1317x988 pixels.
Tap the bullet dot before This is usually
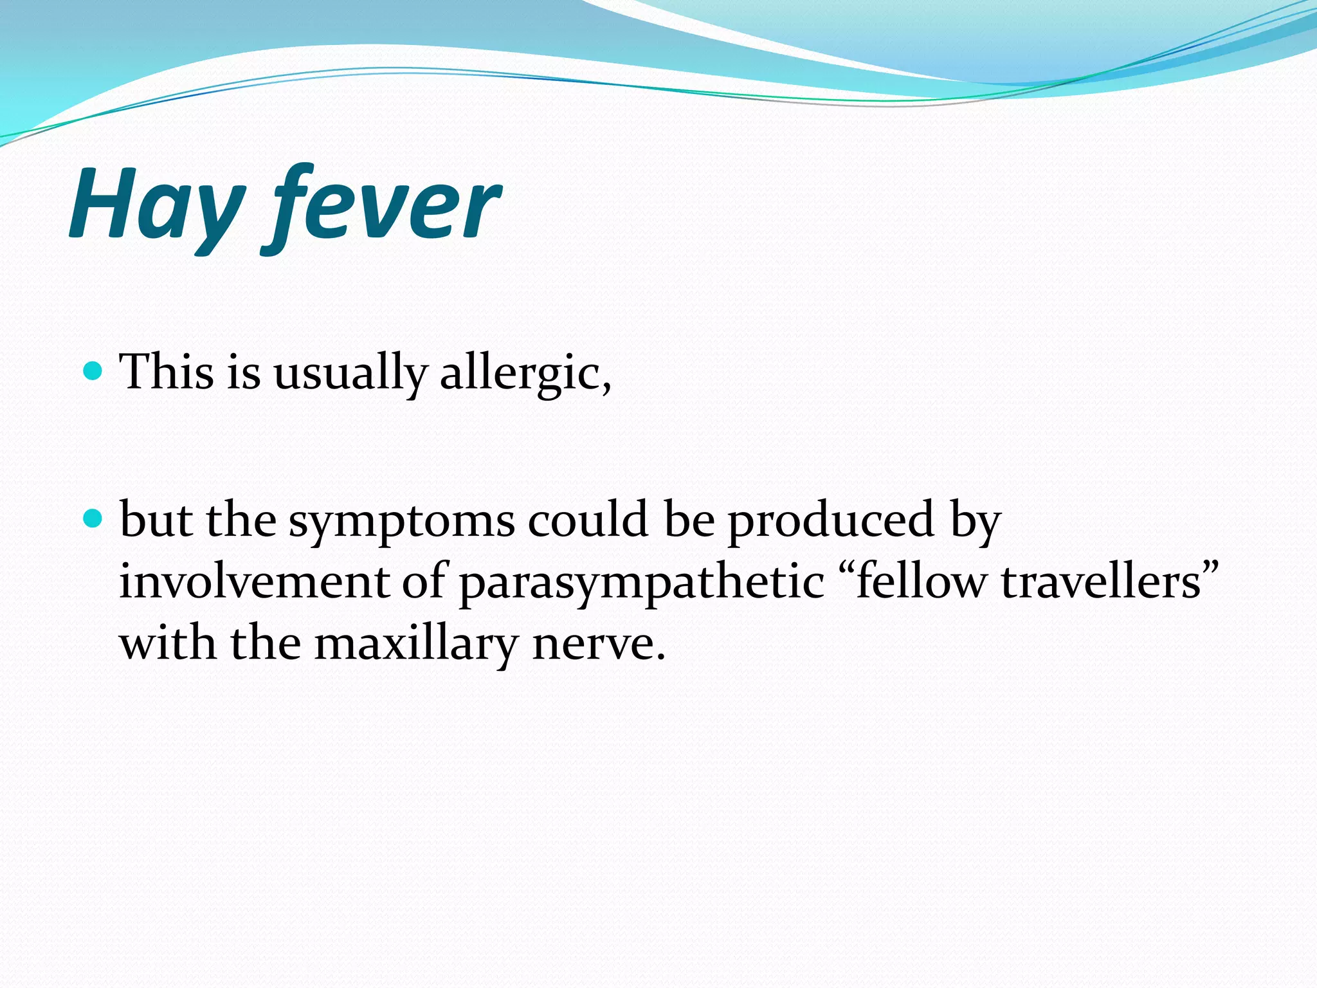point(94,371)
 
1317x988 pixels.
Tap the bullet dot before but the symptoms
point(94,518)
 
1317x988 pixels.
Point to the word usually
point(349,373)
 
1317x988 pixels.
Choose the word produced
point(831,520)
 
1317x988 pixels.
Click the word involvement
point(255,581)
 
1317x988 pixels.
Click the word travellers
point(1101,581)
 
